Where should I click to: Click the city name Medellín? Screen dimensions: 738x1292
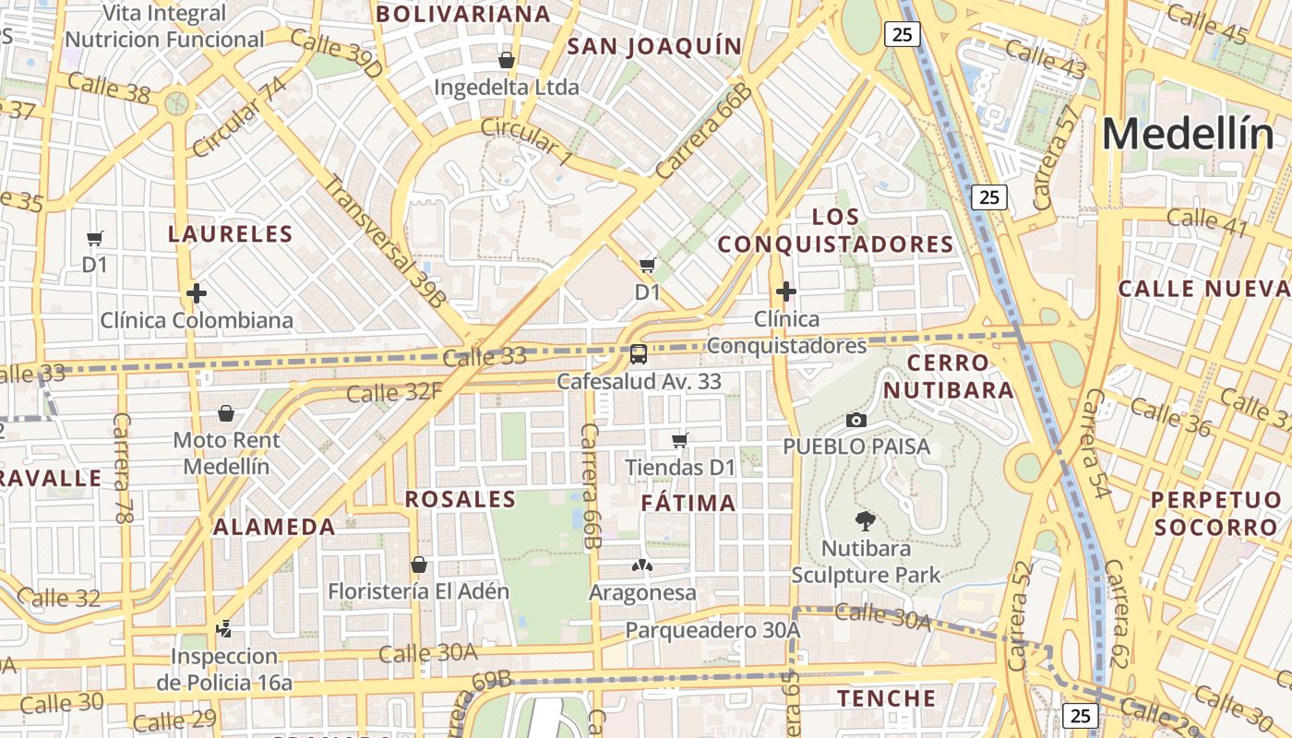(1187, 135)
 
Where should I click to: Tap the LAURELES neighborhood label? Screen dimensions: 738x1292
(230, 234)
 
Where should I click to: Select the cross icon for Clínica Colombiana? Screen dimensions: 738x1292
(196, 293)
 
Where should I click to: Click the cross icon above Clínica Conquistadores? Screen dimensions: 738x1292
(785, 292)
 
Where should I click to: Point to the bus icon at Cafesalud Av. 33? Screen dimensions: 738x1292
(638, 353)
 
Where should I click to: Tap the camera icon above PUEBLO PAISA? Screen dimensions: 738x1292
(855, 421)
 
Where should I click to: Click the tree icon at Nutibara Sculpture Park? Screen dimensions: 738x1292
(865, 521)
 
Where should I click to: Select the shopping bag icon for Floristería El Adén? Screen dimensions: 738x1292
(419, 564)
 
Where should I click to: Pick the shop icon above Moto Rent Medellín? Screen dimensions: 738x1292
(226, 413)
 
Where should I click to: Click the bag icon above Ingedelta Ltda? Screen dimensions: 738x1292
(506, 60)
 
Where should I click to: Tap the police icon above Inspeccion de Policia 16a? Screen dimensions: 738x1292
(223, 629)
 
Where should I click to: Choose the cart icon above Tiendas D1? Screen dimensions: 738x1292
(680, 440)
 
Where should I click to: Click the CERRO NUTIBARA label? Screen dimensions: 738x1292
(949, 376)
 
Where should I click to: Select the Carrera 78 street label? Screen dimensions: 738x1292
(123, 469)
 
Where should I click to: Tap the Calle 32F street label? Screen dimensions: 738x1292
(394, 393)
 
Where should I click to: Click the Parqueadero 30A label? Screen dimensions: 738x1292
(712, 630)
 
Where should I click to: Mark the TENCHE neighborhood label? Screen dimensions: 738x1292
(886, 698)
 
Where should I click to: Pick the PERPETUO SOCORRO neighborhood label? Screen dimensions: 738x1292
(1216, 514)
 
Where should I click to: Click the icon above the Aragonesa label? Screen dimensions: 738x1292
(642, 564)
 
